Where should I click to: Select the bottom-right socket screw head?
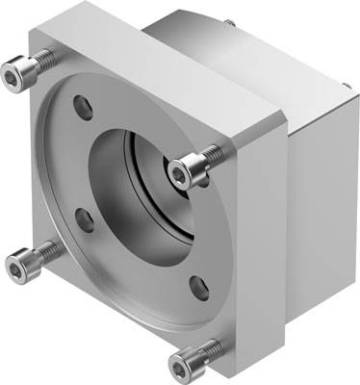183,365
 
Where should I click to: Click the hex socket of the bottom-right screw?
182,366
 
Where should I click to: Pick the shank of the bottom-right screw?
205,356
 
